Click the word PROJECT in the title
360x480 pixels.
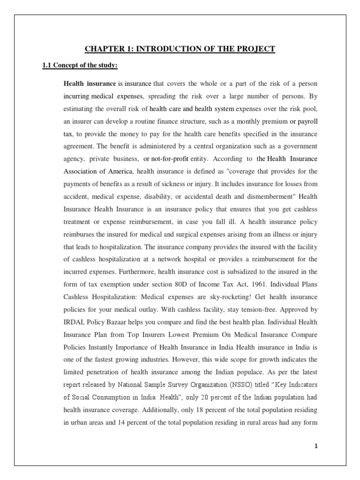[x=254, y=49]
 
